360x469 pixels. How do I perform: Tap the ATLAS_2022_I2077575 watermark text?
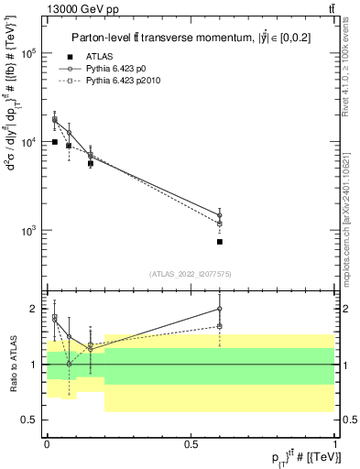coord(189,274)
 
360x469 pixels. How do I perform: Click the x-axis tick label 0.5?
coord(191,443)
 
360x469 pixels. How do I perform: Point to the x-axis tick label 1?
coord(334,443)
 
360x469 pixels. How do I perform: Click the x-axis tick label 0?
coord(47,443)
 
